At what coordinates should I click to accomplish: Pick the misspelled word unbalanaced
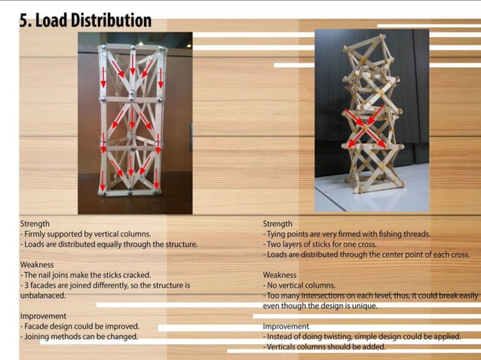click(x=44, y=296)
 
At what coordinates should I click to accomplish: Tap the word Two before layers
click(x=274, y=244)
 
